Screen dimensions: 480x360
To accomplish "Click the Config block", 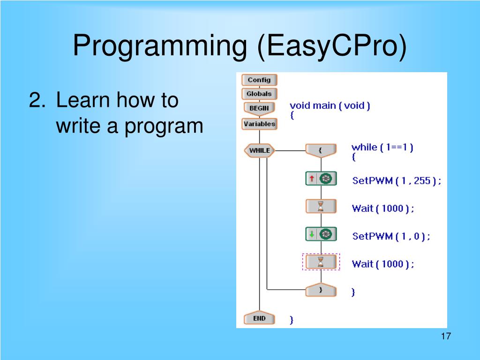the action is coord(259,80).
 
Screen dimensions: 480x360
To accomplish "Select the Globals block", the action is coord(259,94).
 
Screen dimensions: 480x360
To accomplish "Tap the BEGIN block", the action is coord(259,109).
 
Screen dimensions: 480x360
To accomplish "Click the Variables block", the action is coord(259,124).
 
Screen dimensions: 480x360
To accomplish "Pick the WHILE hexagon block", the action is coord(259,150).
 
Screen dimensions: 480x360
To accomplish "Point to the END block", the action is coord(259,319).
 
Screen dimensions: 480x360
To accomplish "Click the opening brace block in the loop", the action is coord(321,150).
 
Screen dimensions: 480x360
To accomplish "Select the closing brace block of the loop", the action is coord(321,290).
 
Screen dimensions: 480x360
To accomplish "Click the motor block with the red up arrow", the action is coord(321,179).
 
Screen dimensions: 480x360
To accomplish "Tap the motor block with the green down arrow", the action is coord(321,234).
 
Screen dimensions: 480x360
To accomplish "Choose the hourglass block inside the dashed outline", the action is coord(321,262).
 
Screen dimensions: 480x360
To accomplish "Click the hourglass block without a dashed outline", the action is coord(321,206).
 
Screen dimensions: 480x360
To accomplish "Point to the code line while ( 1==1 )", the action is coord(382,148).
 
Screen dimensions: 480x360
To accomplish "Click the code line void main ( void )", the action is coord(330,106).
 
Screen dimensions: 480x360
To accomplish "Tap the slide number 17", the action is coord(446,336).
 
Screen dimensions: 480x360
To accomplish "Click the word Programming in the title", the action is coord(160,46).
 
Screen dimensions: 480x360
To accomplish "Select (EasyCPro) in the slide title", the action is coord(332,46).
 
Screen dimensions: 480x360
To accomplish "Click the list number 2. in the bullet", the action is coord(37,100).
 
